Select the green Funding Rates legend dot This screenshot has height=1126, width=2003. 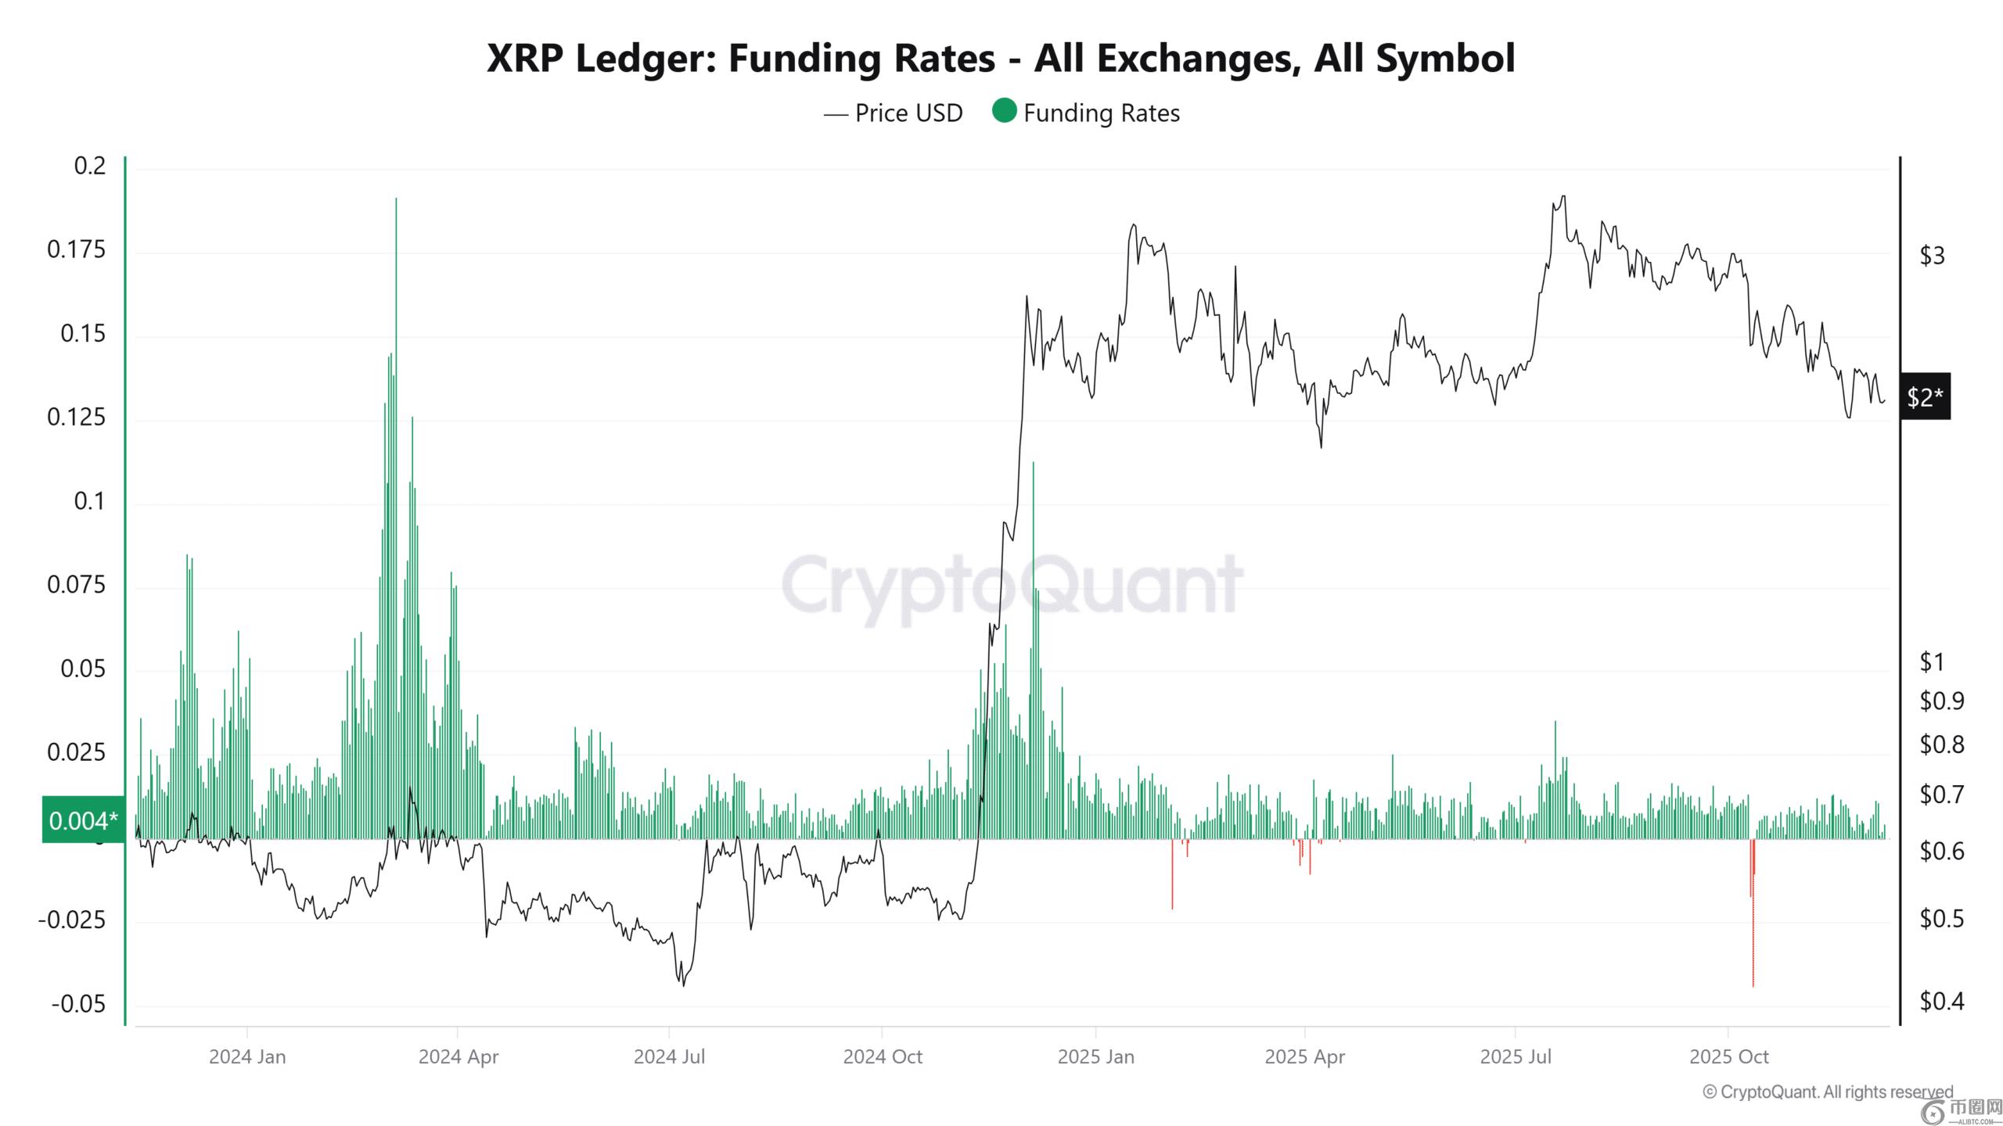[x=1004, y=111]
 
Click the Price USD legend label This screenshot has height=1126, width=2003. [x=908, y=113]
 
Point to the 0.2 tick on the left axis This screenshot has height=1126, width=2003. [x=90, y=166]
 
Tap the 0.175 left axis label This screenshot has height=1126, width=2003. [x=77, y=249]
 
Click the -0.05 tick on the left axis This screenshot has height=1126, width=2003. [x=78, y=1004]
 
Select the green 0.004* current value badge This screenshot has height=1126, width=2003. [x=83, y=820]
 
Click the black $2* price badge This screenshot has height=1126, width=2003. [x=1925, y=397]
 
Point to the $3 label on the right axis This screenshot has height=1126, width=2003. [x=1932, y=255]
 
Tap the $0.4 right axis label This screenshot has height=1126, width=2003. [x=1941, y=1001]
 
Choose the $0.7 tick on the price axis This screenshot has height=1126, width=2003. [x=1941, y=794]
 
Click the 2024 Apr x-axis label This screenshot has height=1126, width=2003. [x=458, y=1057]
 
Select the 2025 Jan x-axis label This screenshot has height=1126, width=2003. [x=1095, y=1057]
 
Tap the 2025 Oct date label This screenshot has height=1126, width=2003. [x=1729, y=1057]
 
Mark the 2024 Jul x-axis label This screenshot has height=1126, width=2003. [x=669, y=1057]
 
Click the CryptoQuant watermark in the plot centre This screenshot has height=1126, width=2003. [x=1012, y=586]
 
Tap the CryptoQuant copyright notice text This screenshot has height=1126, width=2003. [x=1828, y=1092]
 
